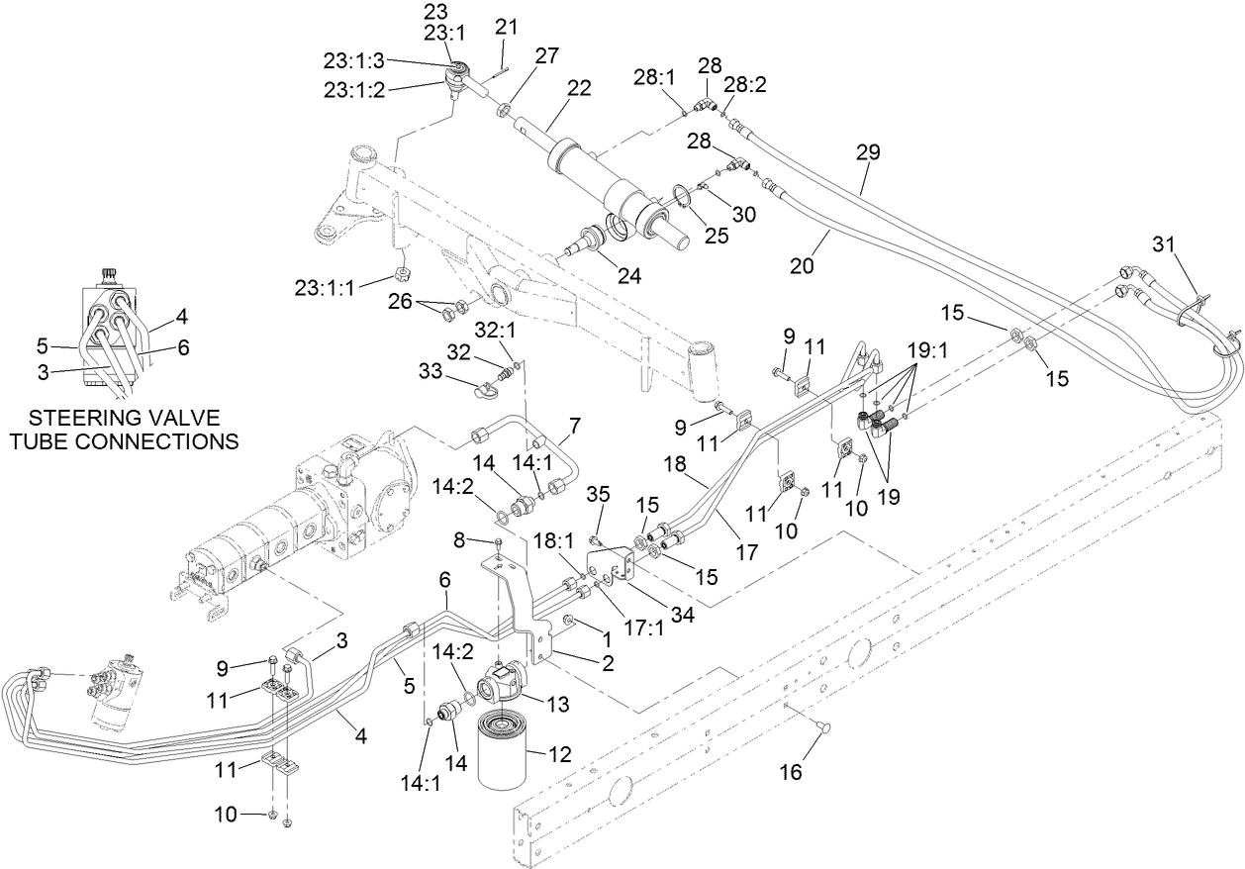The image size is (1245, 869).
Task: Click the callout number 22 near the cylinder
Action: (579, 87)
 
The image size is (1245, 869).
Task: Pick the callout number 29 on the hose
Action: (868, 152)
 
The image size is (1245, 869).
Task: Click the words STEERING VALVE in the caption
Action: (124, 417)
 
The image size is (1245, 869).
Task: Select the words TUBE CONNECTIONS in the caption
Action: (124, 440)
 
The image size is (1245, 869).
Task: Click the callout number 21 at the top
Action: (506, 27)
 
